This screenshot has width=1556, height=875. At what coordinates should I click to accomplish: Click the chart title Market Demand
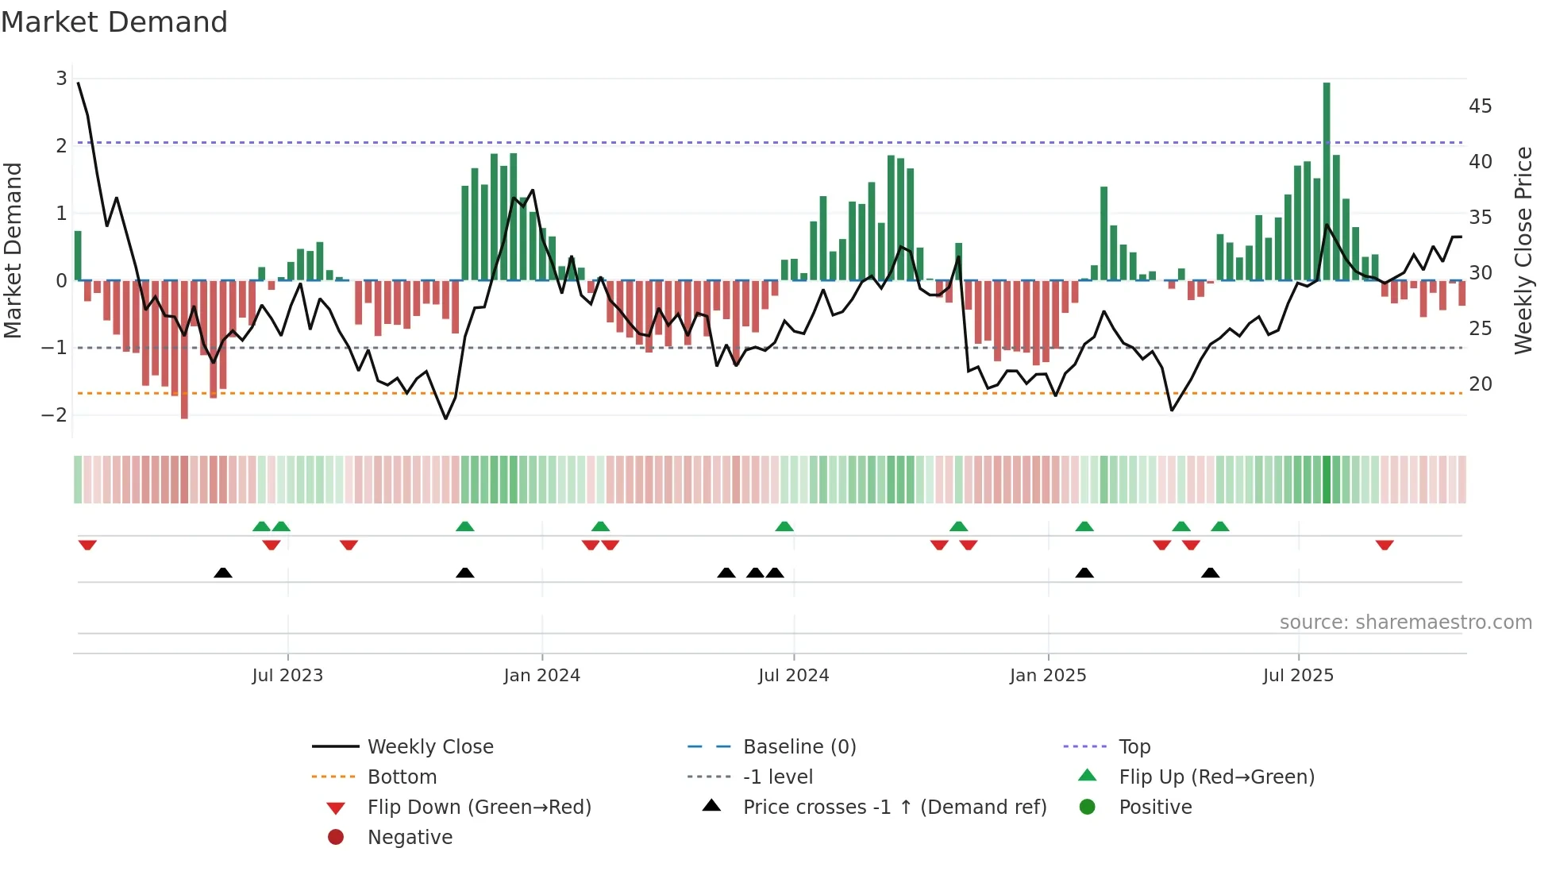tap(114, 22)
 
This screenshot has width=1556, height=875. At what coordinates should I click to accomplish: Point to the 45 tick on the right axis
tap(1480, 106)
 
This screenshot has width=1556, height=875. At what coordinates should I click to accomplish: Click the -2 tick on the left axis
tap(55, 414)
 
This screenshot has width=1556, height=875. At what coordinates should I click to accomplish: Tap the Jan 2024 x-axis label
tap(541, 676)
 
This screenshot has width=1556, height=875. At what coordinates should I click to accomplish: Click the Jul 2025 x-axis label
tap(1298, 676)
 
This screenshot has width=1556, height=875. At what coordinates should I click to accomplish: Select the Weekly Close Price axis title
tap(1523, 250)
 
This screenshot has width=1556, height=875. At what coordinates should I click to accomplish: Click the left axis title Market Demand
tap(13, 250)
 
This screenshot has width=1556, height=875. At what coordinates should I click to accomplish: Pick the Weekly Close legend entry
tap(429, 746)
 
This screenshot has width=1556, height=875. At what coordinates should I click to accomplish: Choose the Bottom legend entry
tap(402, 777)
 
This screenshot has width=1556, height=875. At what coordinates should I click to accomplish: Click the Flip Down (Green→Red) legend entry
tap(479, 807)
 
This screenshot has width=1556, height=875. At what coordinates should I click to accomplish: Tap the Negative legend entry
tap(410, 837)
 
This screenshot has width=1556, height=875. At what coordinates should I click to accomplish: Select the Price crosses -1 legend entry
tap(894, 807)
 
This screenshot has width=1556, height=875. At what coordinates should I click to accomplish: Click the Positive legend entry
tap(1155, 807)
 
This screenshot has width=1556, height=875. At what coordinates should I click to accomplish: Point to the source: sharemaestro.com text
tap(1405, 622)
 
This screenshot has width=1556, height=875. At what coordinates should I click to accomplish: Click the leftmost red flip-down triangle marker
tap(87, 545)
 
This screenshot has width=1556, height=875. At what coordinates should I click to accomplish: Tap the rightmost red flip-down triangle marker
tap(1385, 545)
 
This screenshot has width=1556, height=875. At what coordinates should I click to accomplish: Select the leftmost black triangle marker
tap(223, 572)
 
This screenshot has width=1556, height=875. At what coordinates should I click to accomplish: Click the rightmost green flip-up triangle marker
tap(1220, 526)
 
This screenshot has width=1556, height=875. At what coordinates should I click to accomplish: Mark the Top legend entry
tap(1134, 746)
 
